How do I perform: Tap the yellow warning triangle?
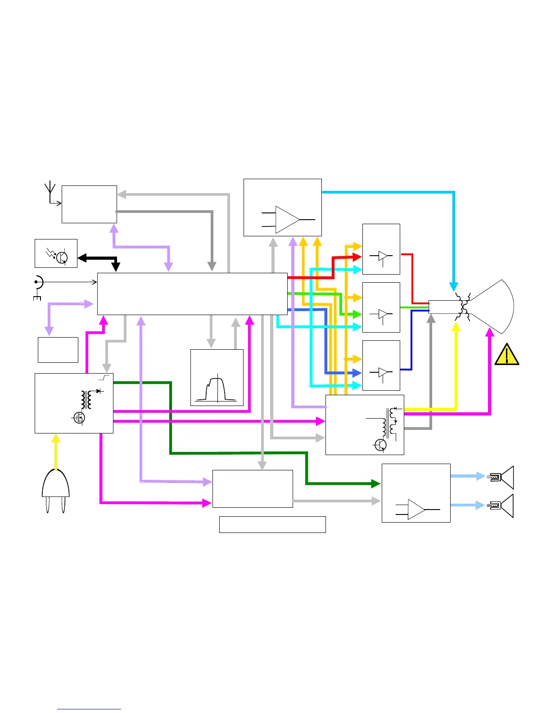tap(506, 355)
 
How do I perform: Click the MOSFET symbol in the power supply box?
tap(79, 418)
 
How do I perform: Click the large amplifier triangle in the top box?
tap(287, 220)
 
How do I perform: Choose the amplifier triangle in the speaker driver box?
tap(416, 509)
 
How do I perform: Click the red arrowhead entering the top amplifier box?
tap(357, 257)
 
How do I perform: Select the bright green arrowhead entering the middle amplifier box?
tap(357, 314)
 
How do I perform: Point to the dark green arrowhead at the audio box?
tap(376, 484)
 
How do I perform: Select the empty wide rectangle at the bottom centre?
tap(272, 524)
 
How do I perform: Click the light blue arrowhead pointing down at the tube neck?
tap(454, 286)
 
